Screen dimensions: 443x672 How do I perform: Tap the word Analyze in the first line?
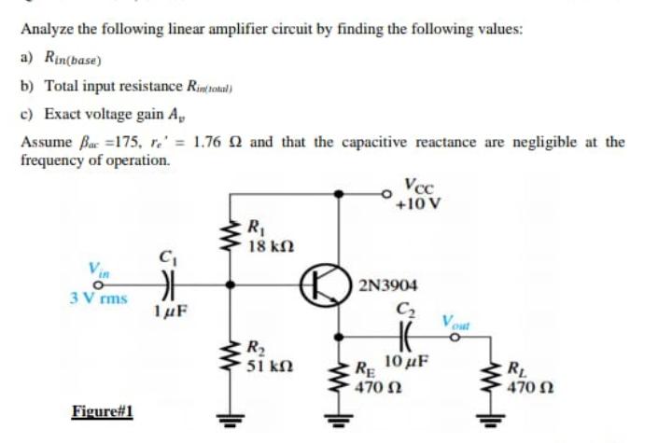point(48,29)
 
